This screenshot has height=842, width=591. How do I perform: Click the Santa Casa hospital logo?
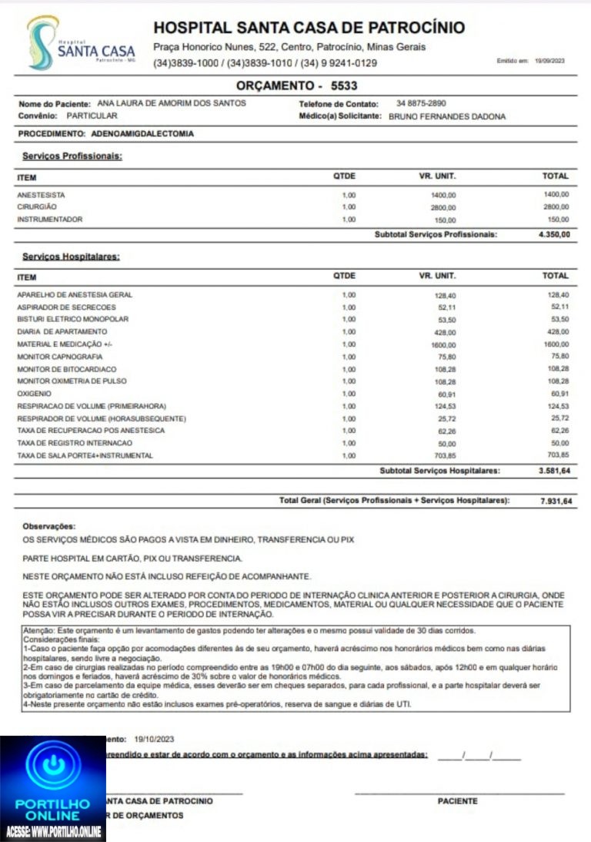tap(81, 44)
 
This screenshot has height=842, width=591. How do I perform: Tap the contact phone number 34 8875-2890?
tap(421, 103)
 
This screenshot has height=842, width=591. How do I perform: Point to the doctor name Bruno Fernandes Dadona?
tap(447, 116)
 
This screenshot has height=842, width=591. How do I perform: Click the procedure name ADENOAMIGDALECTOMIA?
tap(148, 133)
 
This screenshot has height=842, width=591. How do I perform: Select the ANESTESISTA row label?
tap(41, 195)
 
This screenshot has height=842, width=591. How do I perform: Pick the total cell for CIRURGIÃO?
tap(556, 207)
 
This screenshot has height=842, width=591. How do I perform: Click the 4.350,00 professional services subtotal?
tap(554, 234)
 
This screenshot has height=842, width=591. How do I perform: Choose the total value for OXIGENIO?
tap(558, 394)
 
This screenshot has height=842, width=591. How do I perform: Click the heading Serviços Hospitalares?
tap(71, 257)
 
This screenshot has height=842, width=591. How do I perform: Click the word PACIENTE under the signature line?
tap(457, 801)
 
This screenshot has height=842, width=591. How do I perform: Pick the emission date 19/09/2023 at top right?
tap(549, 60)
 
